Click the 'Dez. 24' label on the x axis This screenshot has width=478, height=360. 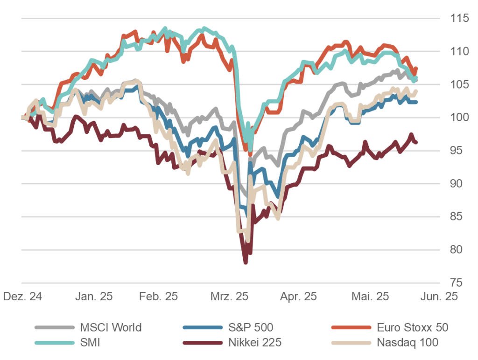click(22, 297)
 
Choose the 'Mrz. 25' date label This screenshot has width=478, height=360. click(229, 297)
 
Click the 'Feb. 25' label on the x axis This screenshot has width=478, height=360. click(159, 297)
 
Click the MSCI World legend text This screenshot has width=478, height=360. click(111, 327)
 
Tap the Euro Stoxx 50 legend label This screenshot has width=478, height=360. click(412, 327)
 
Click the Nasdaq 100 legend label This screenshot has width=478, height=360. click(407, 343)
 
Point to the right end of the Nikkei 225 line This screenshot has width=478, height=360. click(416, 142)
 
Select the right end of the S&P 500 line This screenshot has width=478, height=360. click(416, 102)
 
